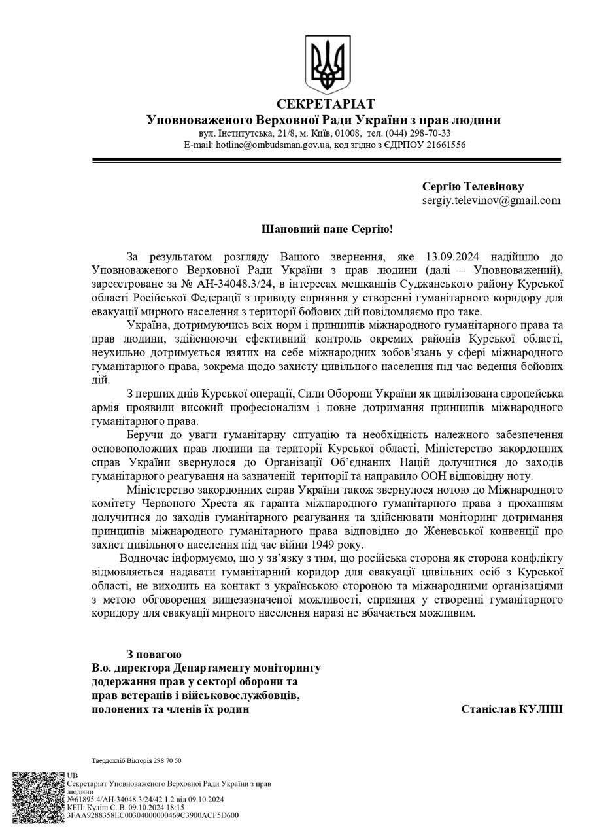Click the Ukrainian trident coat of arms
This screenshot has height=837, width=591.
(328, 65)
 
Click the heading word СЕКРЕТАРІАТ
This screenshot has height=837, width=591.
(326, 104)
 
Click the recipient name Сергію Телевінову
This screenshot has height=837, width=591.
(473, 186)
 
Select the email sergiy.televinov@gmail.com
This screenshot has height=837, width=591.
(491, 200)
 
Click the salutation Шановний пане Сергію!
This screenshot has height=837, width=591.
(328, 230)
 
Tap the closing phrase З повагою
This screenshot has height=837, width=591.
(154, 654)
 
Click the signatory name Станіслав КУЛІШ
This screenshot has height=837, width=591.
(511, 709)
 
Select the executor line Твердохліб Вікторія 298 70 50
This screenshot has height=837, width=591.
(137, 760)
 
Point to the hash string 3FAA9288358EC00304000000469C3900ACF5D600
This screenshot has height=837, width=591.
(152, 815)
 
